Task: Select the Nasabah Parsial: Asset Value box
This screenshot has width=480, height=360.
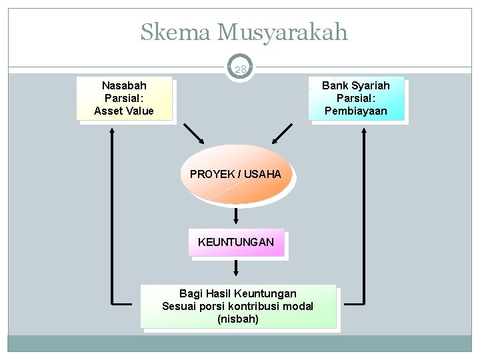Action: click(124, 99)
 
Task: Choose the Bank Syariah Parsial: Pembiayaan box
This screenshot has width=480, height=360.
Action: click(356, 99)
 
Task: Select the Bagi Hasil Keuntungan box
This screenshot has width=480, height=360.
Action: click(238, 306)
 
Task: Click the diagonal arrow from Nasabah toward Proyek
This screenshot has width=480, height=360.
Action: click(195, 133)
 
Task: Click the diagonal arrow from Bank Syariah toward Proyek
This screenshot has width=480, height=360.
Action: click(283, 133)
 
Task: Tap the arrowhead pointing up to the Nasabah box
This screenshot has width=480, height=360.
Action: click(112, 133)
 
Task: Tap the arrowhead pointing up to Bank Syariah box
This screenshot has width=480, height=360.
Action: click(364, 133)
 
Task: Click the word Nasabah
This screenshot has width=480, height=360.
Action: click(124, 86)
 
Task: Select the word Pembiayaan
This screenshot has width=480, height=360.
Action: click(356, 111)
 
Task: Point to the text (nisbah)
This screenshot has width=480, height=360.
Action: click(238, 319)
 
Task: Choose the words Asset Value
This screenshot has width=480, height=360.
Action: click(124, 111)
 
